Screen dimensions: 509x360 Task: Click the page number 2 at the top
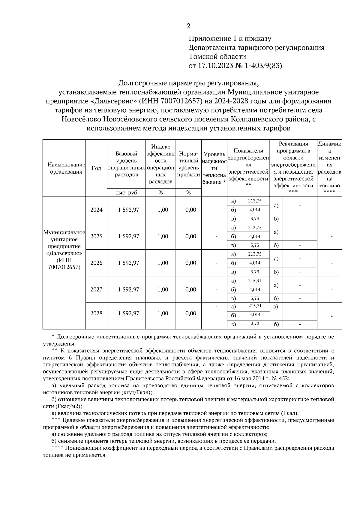[188, 26]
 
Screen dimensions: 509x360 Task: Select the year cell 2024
[96, 210]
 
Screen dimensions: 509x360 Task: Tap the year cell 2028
[96, 313]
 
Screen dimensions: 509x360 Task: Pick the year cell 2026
[96, 263]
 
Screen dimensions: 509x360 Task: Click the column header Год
[96, 168]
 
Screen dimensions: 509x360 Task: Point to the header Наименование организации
[64, 168]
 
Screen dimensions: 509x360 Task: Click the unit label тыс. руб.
[126, 193]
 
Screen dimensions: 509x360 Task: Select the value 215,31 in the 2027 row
[255, 281]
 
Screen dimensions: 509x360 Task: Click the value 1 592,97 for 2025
[128, 237]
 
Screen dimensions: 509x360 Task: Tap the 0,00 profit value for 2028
[191, 313]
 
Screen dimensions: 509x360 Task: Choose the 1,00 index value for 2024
[163, 210]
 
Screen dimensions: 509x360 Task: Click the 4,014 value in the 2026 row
[255, 263]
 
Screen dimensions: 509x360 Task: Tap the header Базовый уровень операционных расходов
[126, 164]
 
